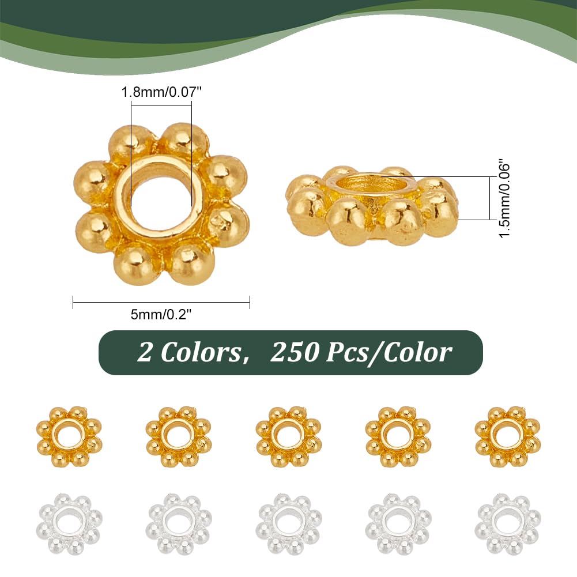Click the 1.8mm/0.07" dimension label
[x=161, y=92]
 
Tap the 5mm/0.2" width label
[x=161, y=314]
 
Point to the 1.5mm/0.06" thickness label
[x=504, y=198]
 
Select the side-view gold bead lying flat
[x=372, y=206]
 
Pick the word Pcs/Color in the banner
[x=389, y=353]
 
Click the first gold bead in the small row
[x=69, y=436]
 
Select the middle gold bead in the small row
[x=288, y=436]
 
